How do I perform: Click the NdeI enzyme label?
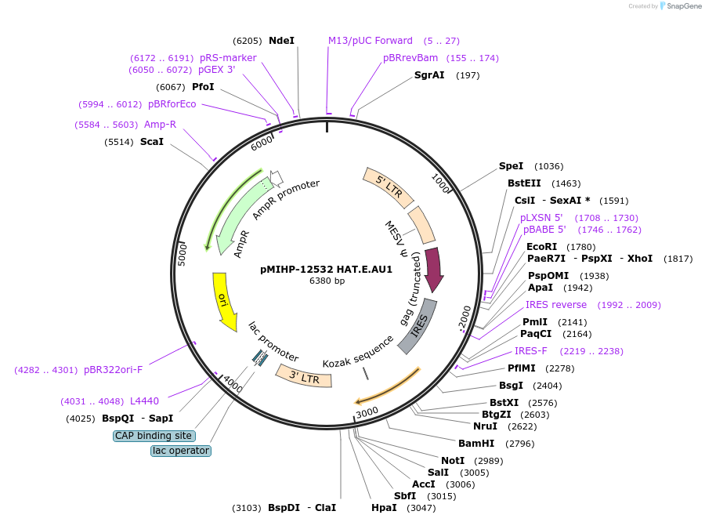281,40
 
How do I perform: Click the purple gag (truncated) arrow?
433,270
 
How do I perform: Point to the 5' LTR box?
388,187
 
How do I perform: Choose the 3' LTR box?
303,376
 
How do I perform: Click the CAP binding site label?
154,436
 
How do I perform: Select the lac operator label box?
181,451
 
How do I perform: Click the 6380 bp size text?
327,281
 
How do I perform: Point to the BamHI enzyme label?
476,444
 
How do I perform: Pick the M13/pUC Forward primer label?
370,41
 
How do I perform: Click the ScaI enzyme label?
152,142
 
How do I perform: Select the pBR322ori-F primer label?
113,370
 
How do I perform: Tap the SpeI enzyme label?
511,166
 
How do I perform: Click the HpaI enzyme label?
384,508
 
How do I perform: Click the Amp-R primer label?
160,125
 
